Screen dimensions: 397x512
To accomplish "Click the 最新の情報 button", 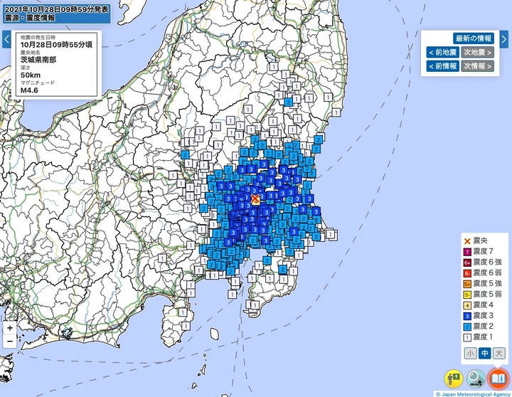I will point(474,38).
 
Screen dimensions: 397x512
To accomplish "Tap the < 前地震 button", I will point(442,52).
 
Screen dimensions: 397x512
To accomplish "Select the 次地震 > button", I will point(477,52).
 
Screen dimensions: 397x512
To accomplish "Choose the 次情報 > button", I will point(477,66).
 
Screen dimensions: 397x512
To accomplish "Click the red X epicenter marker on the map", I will point(256,200).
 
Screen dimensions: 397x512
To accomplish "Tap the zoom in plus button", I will point(9,329).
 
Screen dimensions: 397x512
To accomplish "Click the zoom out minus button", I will point(9,342).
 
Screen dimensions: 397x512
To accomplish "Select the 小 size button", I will point(470,353).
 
